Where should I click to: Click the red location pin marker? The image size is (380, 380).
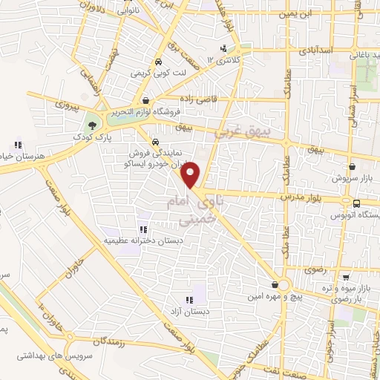point(192,174)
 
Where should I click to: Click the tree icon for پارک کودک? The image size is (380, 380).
point(91,125)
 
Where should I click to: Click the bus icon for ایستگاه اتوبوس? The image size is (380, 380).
point(357,203)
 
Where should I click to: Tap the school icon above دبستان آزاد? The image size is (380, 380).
point(189,300)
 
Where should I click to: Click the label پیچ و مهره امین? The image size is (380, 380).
point(281,296)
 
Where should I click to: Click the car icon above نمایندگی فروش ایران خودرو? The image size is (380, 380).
point(154,141)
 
